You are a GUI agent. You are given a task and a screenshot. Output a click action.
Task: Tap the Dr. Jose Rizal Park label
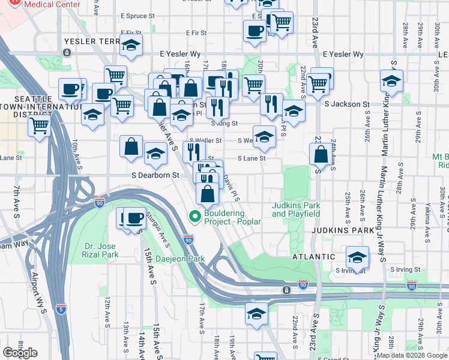(93, 250)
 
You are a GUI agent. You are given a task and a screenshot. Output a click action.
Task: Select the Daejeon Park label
(179, 259)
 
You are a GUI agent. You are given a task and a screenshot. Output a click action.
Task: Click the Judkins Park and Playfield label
(295, 209)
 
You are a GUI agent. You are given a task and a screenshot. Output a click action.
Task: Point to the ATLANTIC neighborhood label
(313, 256)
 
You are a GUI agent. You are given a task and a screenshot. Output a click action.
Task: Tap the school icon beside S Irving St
(357, 256)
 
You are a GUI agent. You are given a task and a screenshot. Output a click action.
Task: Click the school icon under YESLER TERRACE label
(130, 45)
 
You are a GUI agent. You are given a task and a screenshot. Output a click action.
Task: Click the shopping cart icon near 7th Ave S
(39, 126)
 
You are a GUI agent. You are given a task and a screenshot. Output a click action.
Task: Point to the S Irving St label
(351, 271)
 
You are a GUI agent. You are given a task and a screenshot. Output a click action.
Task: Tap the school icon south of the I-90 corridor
(256, 313)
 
